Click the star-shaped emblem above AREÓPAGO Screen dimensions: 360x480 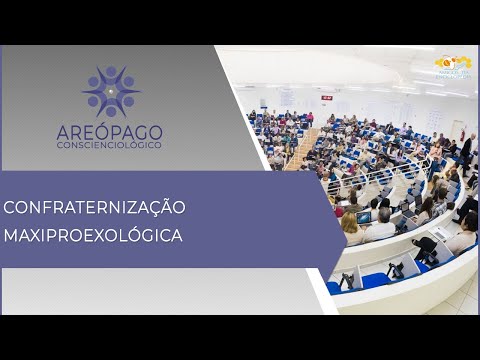pyautogui.click(x=111, y=91)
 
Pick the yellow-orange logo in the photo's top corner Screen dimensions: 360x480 pyautogui.click(x=446, y=63)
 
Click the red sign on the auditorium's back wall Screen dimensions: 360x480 pyautogui.click(x=326, y=97)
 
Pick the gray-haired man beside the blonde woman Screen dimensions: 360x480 pyautogui.click(x=381, y=226)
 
